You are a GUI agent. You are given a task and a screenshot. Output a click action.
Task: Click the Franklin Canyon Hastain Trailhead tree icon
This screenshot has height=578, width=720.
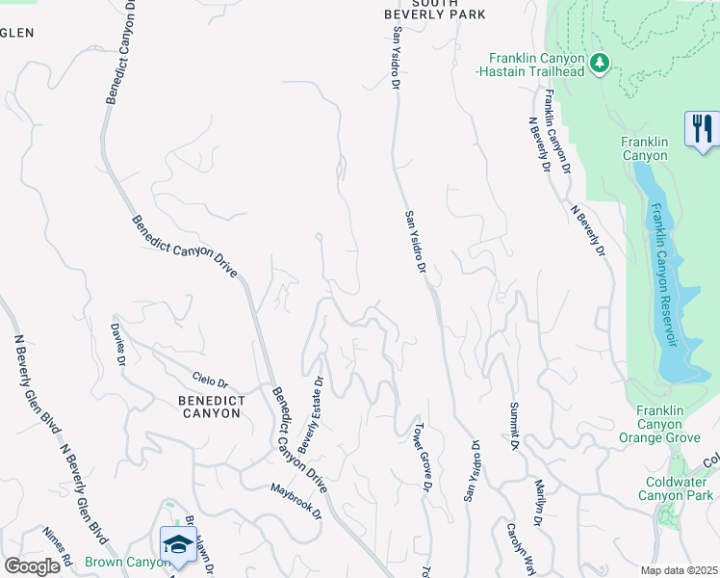[x=600, y=63]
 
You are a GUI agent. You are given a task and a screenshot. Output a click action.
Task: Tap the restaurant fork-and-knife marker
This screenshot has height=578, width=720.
[x=702, y=127]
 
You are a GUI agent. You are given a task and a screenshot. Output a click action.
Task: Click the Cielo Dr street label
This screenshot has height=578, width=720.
[x=210, y=382]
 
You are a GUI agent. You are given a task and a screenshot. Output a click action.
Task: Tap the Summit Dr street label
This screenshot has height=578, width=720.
[x=514, y=425]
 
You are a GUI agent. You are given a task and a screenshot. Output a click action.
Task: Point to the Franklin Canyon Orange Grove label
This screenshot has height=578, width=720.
[x=665, y=424]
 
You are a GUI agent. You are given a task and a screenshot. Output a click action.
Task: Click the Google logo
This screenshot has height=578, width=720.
[x=32, y=566]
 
